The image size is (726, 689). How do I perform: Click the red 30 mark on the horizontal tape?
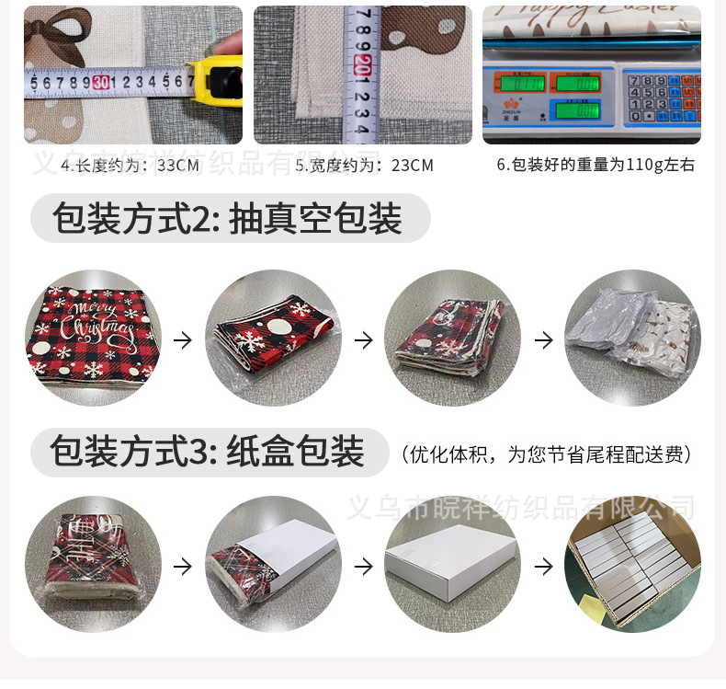point(100,83)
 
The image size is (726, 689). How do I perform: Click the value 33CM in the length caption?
point(178,166)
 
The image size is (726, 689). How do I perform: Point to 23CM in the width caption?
point(412,166)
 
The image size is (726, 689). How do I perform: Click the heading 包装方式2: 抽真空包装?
point(229,219)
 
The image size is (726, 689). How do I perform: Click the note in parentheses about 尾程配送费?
point(546,454)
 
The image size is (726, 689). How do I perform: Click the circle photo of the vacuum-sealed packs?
point(632,339)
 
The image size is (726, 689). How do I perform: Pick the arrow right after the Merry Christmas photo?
point(183,339)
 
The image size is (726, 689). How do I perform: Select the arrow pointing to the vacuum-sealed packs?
point(544,339)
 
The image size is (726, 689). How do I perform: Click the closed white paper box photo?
point(452,563)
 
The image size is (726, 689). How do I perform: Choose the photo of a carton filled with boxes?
point(632,563)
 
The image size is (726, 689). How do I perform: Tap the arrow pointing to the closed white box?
point(364,565)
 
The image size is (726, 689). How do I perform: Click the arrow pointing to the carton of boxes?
point(544,565)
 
